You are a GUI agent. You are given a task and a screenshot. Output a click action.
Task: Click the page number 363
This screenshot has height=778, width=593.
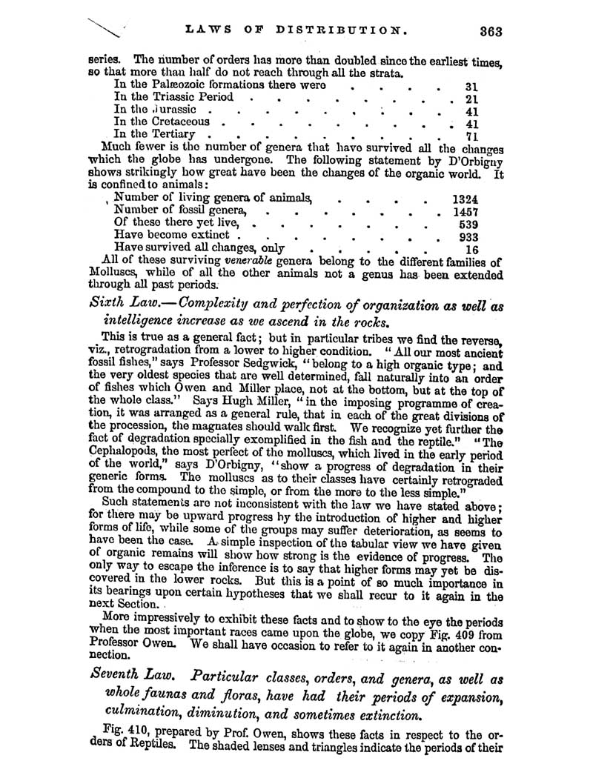click(x=491, y=31)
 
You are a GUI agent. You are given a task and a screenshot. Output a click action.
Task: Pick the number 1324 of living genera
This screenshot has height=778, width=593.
click(x=466, y=199)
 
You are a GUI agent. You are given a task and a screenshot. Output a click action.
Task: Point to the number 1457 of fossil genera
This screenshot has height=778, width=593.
click(x=466, y=212)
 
